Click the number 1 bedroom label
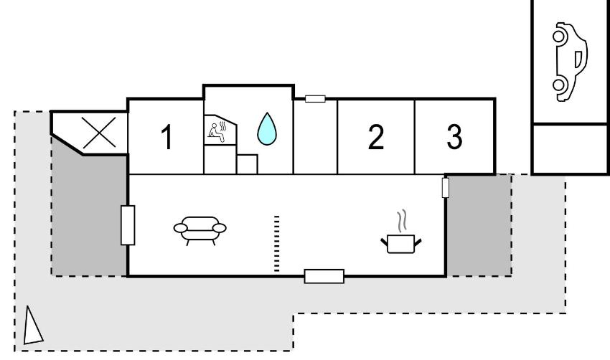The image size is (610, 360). point(166,138)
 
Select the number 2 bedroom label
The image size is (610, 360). point(376,137)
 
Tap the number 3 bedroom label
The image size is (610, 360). point(454,137)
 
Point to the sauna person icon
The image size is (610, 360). point(217,130)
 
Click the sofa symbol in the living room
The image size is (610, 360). point(199,228)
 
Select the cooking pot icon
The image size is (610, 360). point(400,242)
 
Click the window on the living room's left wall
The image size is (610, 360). point(128,224)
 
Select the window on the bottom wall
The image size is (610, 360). point(324,275)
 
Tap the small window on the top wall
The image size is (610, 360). point(315,98)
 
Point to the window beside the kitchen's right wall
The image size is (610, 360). point(446,188)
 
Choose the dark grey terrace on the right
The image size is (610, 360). point(479,224)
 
